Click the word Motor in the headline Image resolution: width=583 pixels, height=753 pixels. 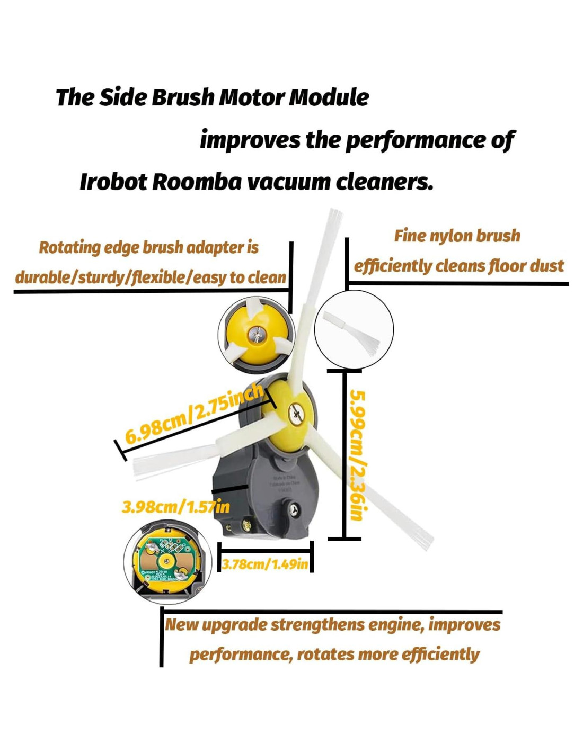[x=252, y=97]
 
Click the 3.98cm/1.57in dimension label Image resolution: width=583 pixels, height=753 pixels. [x=175, y=507]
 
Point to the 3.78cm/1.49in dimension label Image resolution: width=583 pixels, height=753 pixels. [x=264, y=564]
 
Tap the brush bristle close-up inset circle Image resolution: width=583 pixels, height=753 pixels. [x=354, y=330]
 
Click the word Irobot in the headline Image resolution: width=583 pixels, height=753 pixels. [x=113, y=182]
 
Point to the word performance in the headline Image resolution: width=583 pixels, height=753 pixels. [x=414, y=140]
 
